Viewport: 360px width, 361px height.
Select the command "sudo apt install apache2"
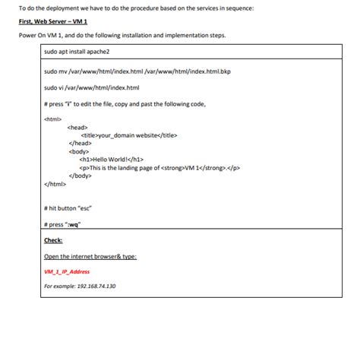[x=77, y=52]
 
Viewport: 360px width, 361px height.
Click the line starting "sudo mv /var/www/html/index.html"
[x=125, y=73]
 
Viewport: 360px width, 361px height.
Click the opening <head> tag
[x=78, y=127]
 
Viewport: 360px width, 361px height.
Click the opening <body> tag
[x=78, y=151]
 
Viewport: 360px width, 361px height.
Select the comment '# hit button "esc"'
[x=68, y=207]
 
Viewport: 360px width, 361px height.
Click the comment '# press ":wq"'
[x=63, y=224]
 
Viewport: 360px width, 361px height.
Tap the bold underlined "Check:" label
[x=53, y=240]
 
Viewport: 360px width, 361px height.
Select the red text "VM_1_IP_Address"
[x=67, y=271]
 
